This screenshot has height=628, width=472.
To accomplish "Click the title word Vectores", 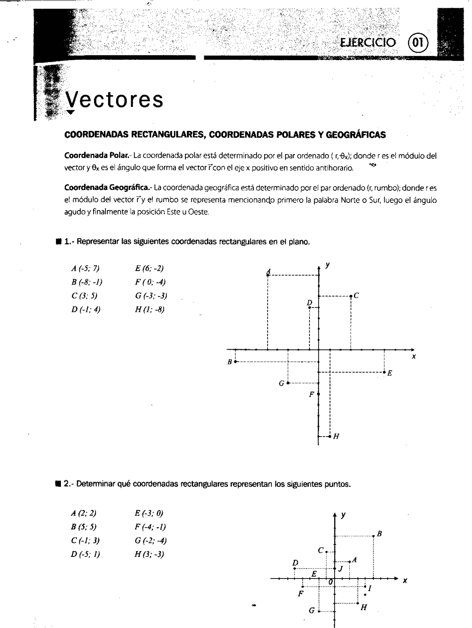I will [114, 100].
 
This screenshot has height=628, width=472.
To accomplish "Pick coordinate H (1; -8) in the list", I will [150, 309].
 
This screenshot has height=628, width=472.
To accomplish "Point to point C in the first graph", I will [351, 296].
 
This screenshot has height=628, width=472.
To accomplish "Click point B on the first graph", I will [235, 361].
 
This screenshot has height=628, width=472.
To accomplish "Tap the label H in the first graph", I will [336, 437].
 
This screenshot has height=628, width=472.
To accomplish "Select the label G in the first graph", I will [281, 384].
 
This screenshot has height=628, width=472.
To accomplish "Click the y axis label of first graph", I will [327, 265].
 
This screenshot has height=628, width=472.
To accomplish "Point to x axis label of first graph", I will [414, 357].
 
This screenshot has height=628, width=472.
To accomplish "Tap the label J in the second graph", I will [341, 569].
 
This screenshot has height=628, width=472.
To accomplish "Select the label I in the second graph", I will [369, 589].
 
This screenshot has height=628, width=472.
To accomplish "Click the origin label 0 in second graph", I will [331, 582].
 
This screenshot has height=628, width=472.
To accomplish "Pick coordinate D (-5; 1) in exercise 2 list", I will [86, 554].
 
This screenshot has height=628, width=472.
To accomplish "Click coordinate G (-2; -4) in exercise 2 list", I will [151, 541].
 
